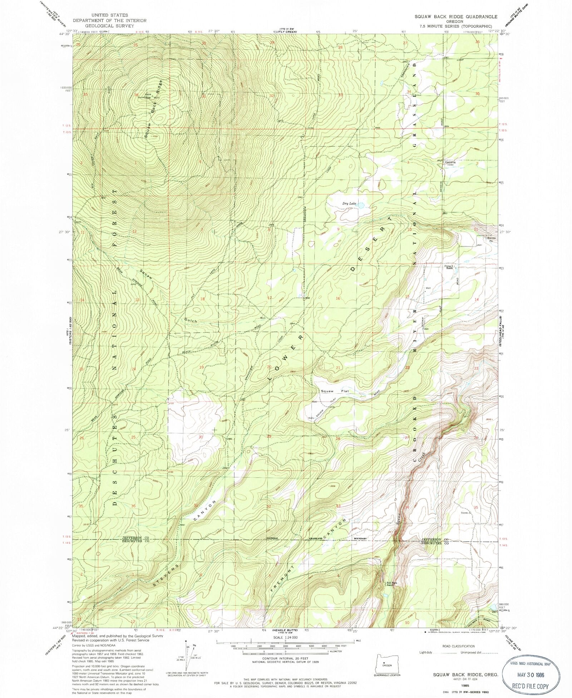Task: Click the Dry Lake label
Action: pyautogui.click(x=349, y=203)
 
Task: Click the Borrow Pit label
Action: pyautogui.click(x=493, y=239)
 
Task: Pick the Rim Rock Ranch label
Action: pyautogui.click(x=391, y=584)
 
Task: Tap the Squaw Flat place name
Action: pyautogui.click(x=334, y=391)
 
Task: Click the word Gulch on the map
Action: pyautogui.click(x=191, y=321)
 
